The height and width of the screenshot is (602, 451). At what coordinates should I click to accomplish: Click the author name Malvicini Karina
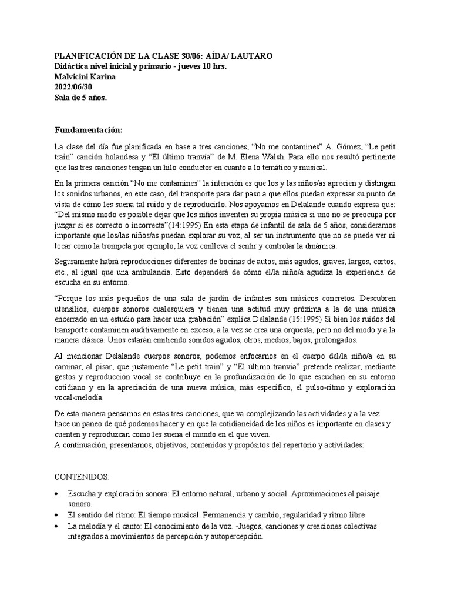(x=85, y=76)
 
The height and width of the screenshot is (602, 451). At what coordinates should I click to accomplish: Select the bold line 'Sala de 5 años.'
(x=80, y=98)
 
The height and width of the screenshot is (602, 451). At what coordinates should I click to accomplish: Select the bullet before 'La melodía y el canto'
(x=56, y=527)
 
